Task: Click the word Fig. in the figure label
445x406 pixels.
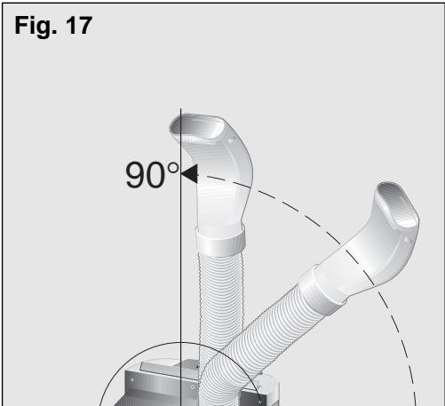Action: (36, 27)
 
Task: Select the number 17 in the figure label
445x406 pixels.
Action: (79, 26)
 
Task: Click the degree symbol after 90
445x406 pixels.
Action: (173, 169)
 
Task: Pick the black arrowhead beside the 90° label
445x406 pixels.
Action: (189, 174)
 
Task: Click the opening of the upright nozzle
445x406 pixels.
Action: (197, 128)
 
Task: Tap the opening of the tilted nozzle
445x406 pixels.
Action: (397, 205)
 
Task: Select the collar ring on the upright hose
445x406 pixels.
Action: (221, 240)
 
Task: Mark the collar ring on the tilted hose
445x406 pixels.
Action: (322, 291)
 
